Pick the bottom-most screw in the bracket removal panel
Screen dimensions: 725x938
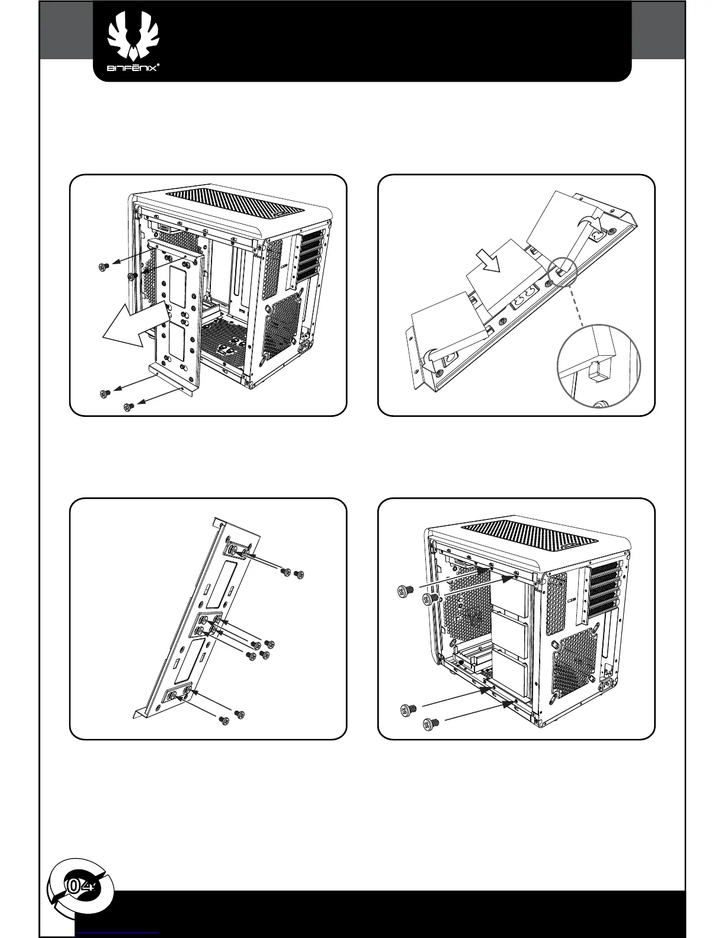(128, 406)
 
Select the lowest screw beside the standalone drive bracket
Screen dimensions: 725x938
(224, 719)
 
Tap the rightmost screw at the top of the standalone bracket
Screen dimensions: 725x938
(299, 574)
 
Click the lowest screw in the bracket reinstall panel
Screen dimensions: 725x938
(431, 724)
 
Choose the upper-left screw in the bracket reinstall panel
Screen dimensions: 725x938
(405, 590)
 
